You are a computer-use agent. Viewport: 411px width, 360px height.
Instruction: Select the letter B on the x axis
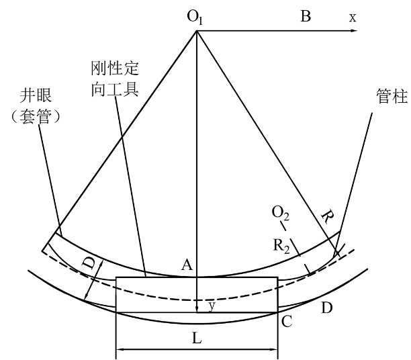306,17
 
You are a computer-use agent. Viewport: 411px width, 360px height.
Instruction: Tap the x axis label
352,17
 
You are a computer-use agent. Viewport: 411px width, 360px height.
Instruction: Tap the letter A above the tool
189,266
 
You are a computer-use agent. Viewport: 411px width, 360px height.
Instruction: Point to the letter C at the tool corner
287,321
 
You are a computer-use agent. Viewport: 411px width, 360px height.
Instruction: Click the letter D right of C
326,308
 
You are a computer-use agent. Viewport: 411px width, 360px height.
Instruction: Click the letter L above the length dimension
197,339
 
